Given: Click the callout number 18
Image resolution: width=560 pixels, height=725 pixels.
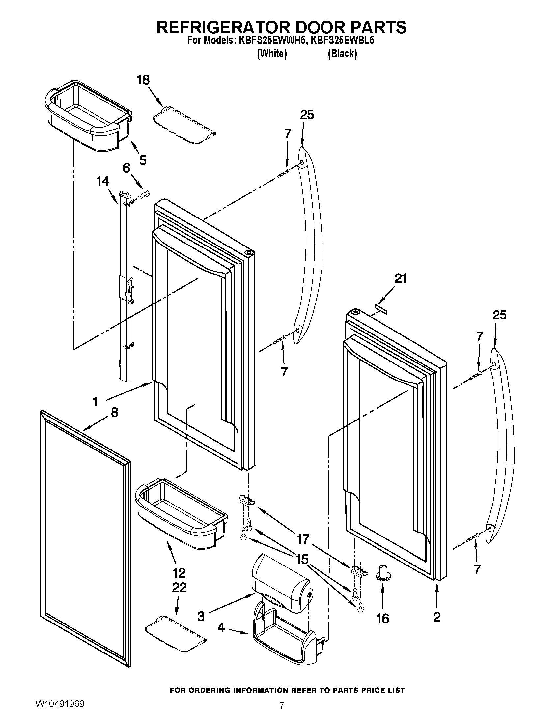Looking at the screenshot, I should (143, 80).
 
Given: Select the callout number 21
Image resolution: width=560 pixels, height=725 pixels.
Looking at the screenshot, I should (401, 279).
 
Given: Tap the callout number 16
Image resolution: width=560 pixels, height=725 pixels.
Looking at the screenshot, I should (382, 619).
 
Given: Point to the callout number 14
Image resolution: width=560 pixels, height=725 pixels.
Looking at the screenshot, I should (103, 181).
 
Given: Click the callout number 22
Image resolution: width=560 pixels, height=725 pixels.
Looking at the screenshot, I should (179, 588).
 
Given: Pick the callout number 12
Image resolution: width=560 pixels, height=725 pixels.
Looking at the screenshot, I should (179, 573).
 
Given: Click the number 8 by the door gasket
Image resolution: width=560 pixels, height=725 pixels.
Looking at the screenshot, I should (114, 413).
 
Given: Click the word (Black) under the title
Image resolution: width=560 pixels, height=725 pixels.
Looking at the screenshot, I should (342, 54).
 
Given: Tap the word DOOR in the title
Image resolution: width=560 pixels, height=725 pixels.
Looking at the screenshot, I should (308, 27).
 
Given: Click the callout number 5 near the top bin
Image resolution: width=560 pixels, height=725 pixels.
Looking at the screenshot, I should (143, 160).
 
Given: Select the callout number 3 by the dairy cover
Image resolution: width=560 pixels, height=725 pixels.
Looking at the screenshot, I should (201, 617).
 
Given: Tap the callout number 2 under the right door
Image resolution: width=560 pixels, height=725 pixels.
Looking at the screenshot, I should (437, 617).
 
